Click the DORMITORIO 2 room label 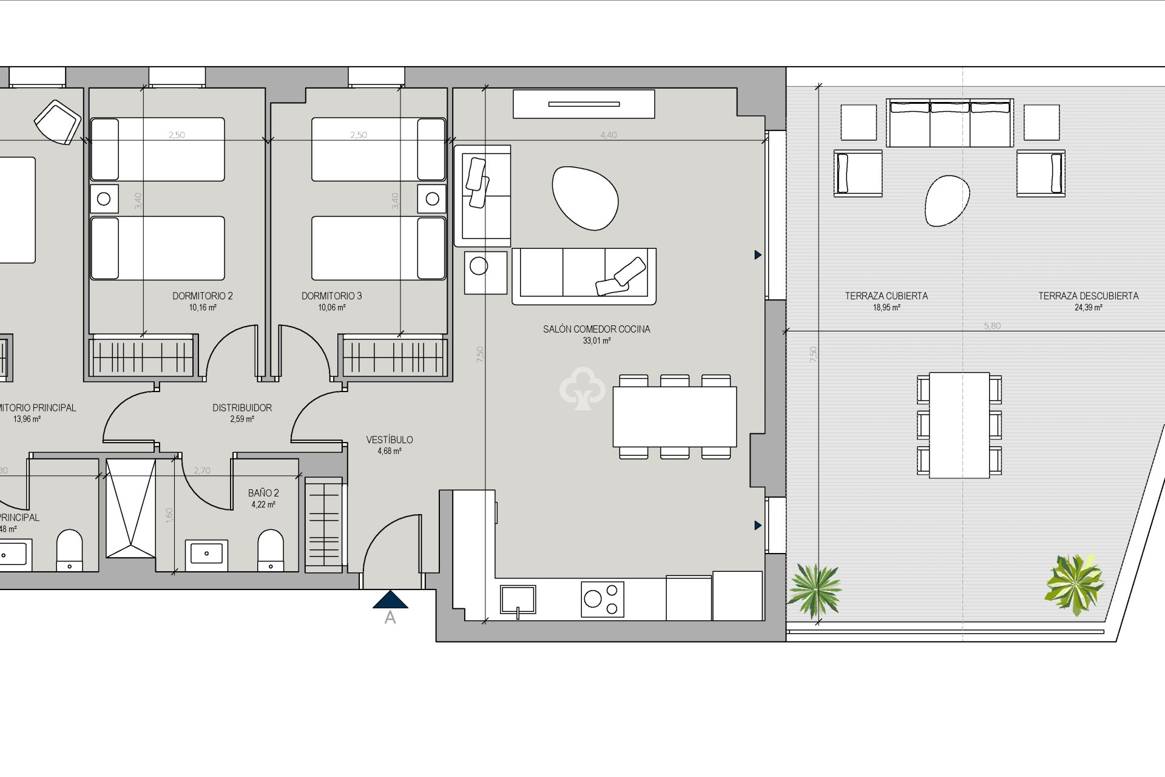(202, 296)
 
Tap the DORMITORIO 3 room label (331, 296)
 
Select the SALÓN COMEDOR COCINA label (596, 329)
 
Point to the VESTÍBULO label (390, 439)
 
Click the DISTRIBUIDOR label (242, 408)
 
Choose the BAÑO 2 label (263, 493)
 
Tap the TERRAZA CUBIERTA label (886, 296)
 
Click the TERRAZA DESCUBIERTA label (1088, 296)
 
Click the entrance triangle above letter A (390, 600)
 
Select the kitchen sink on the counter (518, 599)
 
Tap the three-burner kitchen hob (602, 599)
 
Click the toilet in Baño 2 (271, 550)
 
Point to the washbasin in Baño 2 (206, 553)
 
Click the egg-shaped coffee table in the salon (585, 198)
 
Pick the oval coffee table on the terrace (946, 200)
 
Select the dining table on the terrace (959, 425)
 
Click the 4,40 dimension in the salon (609, 135)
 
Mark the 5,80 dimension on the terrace (992, 326)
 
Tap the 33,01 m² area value (596, 341)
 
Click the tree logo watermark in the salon (582, 388)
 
